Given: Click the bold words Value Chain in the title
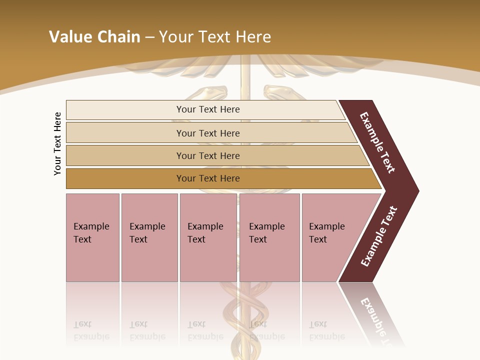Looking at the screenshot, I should pos(94,37).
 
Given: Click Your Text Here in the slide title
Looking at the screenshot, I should pos(215,37).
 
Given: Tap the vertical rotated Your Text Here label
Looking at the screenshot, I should pos(57,143).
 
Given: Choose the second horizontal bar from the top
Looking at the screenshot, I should pos(207,133).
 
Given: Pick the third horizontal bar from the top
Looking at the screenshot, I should pos(207,156).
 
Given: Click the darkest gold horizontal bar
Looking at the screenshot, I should pos(207,178).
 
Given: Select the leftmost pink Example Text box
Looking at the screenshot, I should pos(92,237).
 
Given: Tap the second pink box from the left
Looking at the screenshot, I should pos(149,237).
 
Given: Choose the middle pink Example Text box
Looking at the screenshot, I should pos(208,237).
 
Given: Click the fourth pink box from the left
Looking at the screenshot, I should pos(269,237).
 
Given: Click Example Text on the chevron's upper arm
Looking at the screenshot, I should pos(377,142).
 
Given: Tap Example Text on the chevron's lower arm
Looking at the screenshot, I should pos(379,236).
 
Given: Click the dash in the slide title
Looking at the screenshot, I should pos(149,37).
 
